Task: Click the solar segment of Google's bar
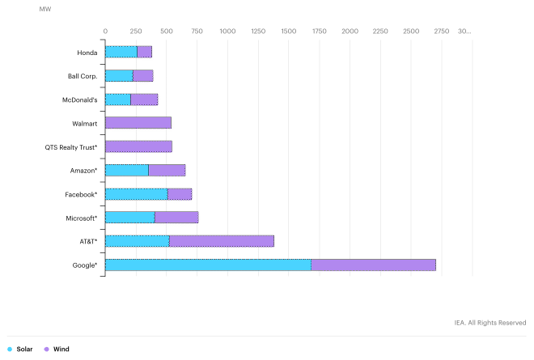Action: pos(208,265)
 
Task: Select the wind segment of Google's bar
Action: pos(373,265)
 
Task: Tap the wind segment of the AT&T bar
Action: pos(221,241)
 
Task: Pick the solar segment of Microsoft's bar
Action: pos(129,218)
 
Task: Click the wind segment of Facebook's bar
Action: pos(180,194)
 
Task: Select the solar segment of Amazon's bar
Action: pos(126,171)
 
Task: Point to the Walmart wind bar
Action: pos(138,123)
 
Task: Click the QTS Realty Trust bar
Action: pos(138,146)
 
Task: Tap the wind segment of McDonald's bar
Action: pos(144,100)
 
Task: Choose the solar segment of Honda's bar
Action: pos(121,53)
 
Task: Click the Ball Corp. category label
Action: pos(83,76)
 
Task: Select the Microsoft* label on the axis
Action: pos(82,218)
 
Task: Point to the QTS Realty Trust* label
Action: pos(71,147)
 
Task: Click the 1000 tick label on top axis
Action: pos(227,31)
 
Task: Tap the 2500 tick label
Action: pos(411,31)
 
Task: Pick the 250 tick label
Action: pos(136,31)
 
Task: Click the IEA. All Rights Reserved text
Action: pos(490,323)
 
